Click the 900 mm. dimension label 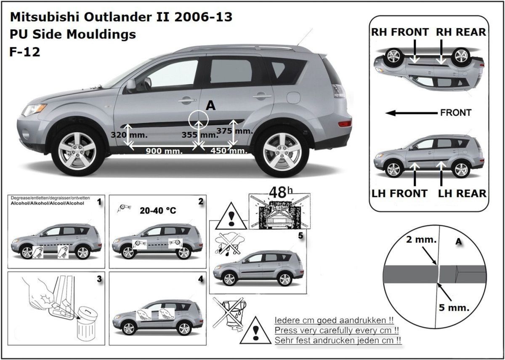(x=164, y=151)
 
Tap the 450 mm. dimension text (x=229, y=151)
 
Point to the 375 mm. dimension (x=234, y=131)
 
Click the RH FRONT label (x=399, y=32)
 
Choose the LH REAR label (x=462, y=194)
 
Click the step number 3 (x=99, y=279)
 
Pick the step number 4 (x=200, y=279)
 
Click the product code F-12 (x=24, y=52)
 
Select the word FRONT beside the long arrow (x=455, y=113)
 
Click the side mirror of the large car (x=131, y=85)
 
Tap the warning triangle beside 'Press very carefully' (x=255, y=331)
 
